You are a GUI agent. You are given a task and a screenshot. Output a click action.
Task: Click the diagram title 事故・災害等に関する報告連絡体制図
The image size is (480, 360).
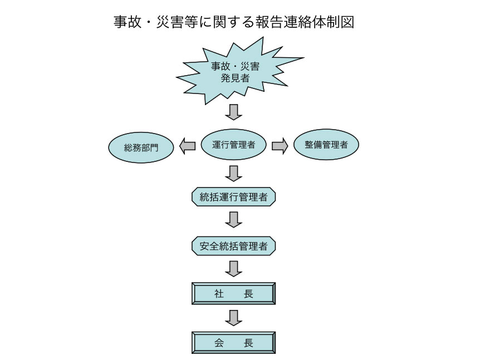[234, 22]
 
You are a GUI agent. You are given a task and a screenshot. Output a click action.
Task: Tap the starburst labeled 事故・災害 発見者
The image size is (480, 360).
[236, 72]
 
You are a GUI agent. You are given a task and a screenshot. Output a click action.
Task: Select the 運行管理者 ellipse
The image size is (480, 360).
[233, 144]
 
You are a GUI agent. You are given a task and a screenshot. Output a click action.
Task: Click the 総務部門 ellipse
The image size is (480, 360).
[141, 147]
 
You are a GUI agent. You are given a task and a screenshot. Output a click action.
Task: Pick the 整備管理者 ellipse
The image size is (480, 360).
[326, 144]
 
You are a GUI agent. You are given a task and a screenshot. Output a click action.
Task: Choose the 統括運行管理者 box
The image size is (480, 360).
[233, 196]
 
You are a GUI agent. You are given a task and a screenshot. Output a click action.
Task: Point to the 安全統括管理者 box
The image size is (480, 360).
[233, 246]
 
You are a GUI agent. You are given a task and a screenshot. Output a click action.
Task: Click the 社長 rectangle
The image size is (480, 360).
[233, 294]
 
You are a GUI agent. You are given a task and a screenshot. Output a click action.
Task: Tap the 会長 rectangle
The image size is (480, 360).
[233, 343]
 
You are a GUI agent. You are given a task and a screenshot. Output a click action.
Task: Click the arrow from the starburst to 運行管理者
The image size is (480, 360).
[233, 112]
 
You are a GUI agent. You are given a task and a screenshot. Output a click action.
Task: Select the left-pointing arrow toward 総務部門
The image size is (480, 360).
[187, 146]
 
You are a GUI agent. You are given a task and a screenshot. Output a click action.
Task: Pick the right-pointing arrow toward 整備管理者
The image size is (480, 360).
[280, 146]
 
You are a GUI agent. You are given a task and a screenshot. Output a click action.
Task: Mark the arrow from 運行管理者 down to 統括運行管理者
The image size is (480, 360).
[233, 174]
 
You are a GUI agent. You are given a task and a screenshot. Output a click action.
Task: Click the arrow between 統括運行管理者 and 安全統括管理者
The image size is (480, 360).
[233, 220]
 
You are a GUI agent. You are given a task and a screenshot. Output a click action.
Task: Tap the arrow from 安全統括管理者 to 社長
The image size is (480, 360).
[233, 269]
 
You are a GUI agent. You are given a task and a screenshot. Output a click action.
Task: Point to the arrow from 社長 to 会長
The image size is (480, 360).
[233, 318]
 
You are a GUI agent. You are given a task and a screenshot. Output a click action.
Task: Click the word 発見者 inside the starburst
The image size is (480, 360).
[235, 78]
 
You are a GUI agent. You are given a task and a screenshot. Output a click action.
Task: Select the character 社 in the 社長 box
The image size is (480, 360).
[219, 294]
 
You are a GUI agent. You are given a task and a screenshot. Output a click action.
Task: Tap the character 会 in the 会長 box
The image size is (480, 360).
[219, 343]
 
